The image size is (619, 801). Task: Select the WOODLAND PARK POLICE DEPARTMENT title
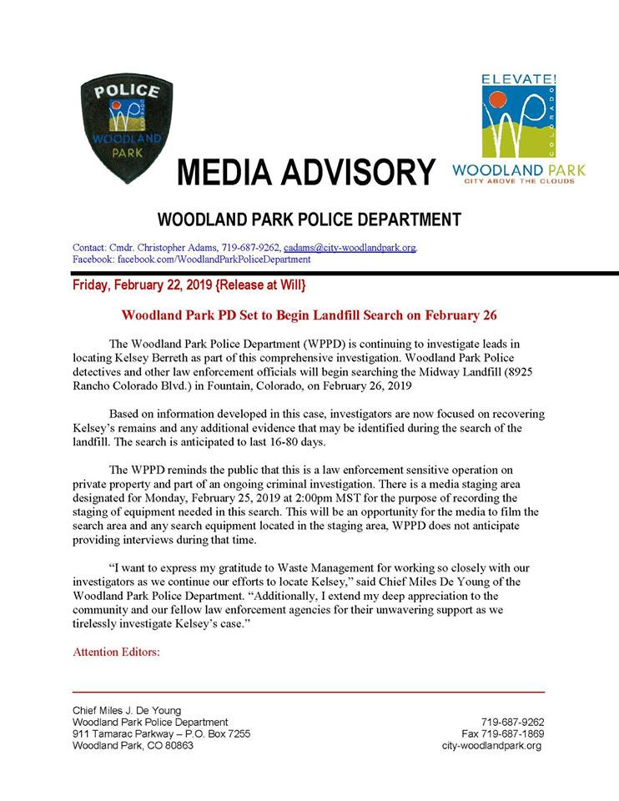(x=309, y=220)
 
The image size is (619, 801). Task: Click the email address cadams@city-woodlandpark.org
(x=350, y=248)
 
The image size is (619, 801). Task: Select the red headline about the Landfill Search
(x=309, y=316)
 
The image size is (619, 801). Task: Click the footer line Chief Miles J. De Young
(x=127, y=710)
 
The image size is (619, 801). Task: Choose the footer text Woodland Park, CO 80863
(x=133, y=745)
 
